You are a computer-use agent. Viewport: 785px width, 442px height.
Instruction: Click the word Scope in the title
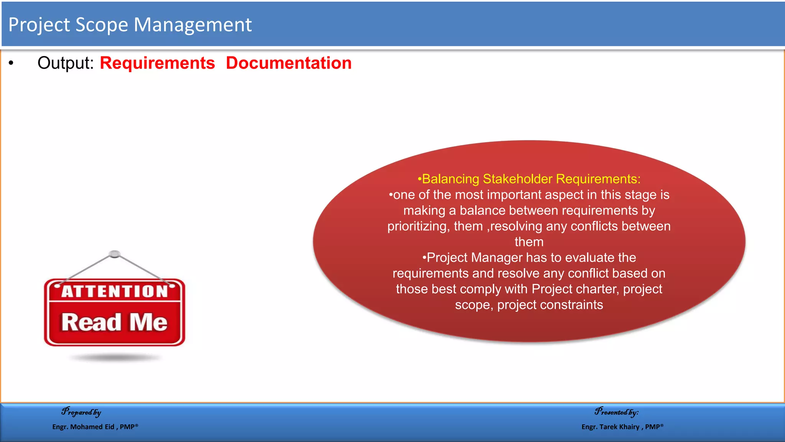(102, 25)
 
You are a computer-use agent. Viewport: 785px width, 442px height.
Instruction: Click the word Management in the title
(192, 25)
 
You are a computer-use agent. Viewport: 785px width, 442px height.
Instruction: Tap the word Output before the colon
(65, 63)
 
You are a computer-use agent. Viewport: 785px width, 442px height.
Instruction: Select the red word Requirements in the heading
(157, 63)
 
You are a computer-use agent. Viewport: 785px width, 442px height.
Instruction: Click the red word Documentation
(288, 63)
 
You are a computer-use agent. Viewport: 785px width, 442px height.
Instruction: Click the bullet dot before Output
(11, 63)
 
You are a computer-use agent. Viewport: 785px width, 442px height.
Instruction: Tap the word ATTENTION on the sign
(115, 291)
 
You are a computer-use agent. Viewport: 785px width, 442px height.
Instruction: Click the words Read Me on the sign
(114, 322)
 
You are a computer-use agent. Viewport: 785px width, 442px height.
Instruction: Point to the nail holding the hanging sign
(115, 254)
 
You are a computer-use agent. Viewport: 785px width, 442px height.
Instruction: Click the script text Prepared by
(81, 412)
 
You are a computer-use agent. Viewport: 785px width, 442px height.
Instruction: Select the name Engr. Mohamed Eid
(83, 427)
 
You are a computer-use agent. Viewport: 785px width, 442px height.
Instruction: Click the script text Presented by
(616, 412)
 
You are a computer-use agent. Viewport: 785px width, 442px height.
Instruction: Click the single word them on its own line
(529, 242)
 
